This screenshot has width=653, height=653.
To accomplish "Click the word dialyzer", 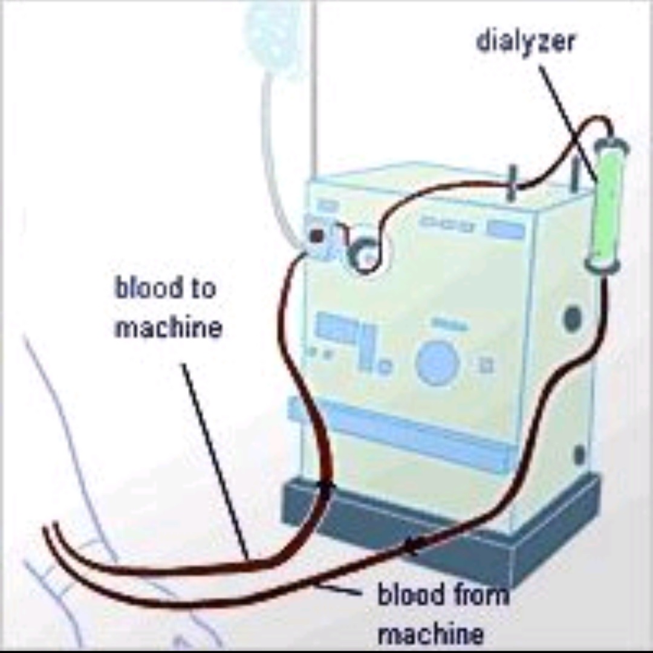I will coord(525,41).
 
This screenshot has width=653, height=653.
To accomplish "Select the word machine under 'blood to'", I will coord(168,328).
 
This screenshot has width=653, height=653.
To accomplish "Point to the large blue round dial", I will coord(437,363).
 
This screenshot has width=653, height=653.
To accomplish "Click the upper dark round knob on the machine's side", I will coord(572,317).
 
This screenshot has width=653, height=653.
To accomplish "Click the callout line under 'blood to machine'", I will coord(215,460).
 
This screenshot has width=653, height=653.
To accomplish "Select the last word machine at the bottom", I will coord(430,634).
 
